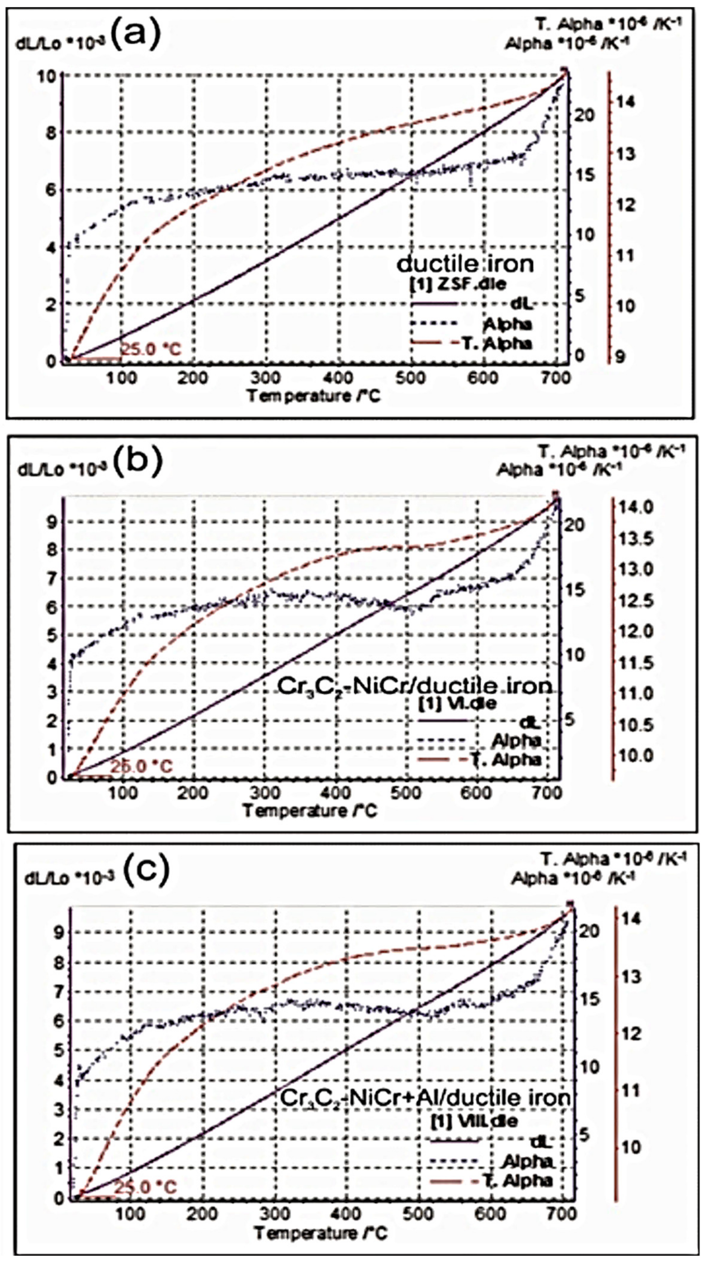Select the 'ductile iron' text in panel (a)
click(465, 264)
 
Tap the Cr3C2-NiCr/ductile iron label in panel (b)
click(414, 686)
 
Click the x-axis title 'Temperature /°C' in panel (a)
click(313, 395)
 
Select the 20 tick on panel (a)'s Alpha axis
click(586, 116)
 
